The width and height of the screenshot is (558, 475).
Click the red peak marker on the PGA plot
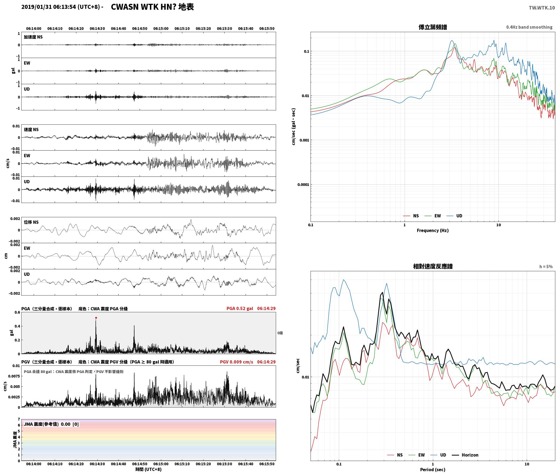click(96, 318)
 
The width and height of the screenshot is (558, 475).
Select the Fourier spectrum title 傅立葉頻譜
click(433, 27)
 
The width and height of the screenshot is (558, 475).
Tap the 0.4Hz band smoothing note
click(529, 27)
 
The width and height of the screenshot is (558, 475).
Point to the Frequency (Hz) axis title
click(433, 230)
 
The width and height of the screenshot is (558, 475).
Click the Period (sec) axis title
click(433, 469)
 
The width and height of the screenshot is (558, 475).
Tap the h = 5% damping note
click(546, 266)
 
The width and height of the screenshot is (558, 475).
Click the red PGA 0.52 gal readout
click(240, 308)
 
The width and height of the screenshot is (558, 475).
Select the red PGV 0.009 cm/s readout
click(236, 362)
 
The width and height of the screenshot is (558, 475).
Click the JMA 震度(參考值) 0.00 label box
click(51, 424)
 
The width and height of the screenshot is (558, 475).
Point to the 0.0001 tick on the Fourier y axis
click(303, 185)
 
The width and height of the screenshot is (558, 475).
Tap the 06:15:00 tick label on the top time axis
click(161, 28)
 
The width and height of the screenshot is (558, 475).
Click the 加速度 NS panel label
click(33, 37)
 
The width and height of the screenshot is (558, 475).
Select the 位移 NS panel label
click(31, 222)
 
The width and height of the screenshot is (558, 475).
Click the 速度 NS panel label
click(31, 130)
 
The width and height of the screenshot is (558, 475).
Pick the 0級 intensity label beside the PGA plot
click(280, 333)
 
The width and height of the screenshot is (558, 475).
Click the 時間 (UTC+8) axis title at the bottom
click(149, 469)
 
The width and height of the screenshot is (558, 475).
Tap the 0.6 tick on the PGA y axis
click(17, 312)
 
